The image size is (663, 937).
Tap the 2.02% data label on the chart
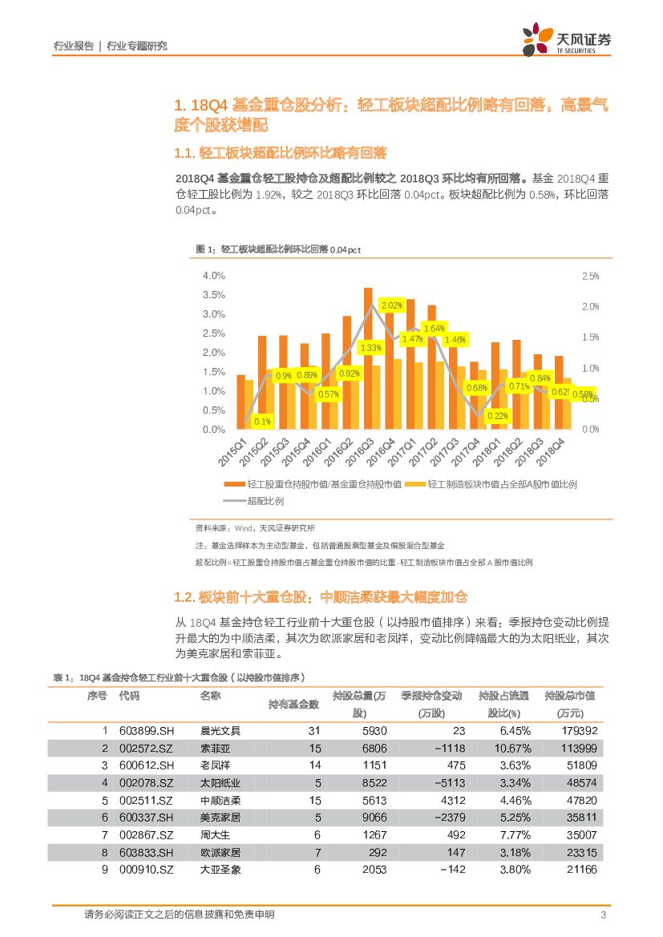(392, 305)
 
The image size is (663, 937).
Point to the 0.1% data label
(262, 421)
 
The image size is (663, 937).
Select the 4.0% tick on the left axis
(214, 276)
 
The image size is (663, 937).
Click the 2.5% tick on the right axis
(590, 276)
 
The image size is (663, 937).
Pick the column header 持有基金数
(293, 705)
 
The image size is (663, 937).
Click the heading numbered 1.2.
(320, 597)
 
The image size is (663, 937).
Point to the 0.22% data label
(498, 416)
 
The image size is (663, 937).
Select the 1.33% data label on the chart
(370, 348)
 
